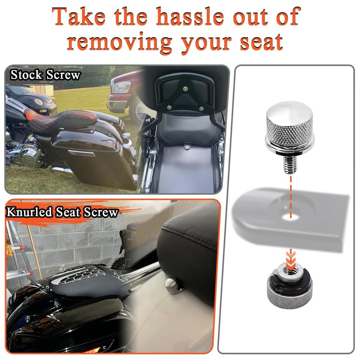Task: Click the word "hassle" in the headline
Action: [x=189, y=17]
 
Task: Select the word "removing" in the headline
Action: [x=120, y=43]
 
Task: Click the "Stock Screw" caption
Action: [x=45, y=75]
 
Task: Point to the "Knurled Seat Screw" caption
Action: [x=62, y=212]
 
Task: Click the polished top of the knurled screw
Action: [x=290, y=110]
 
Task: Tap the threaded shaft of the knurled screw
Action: [x=290, y=164]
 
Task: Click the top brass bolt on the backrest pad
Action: [x=185, y=89]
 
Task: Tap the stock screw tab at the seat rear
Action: [x=188, y=146]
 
